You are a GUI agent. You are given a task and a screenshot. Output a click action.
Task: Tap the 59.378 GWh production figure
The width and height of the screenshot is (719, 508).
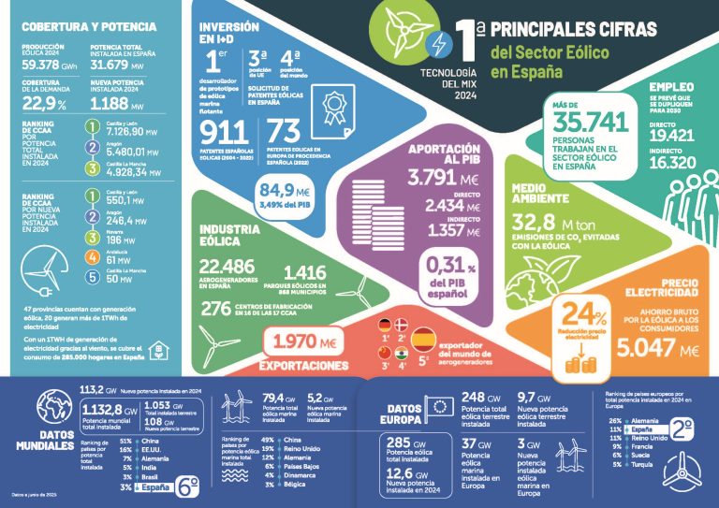point(45,66)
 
